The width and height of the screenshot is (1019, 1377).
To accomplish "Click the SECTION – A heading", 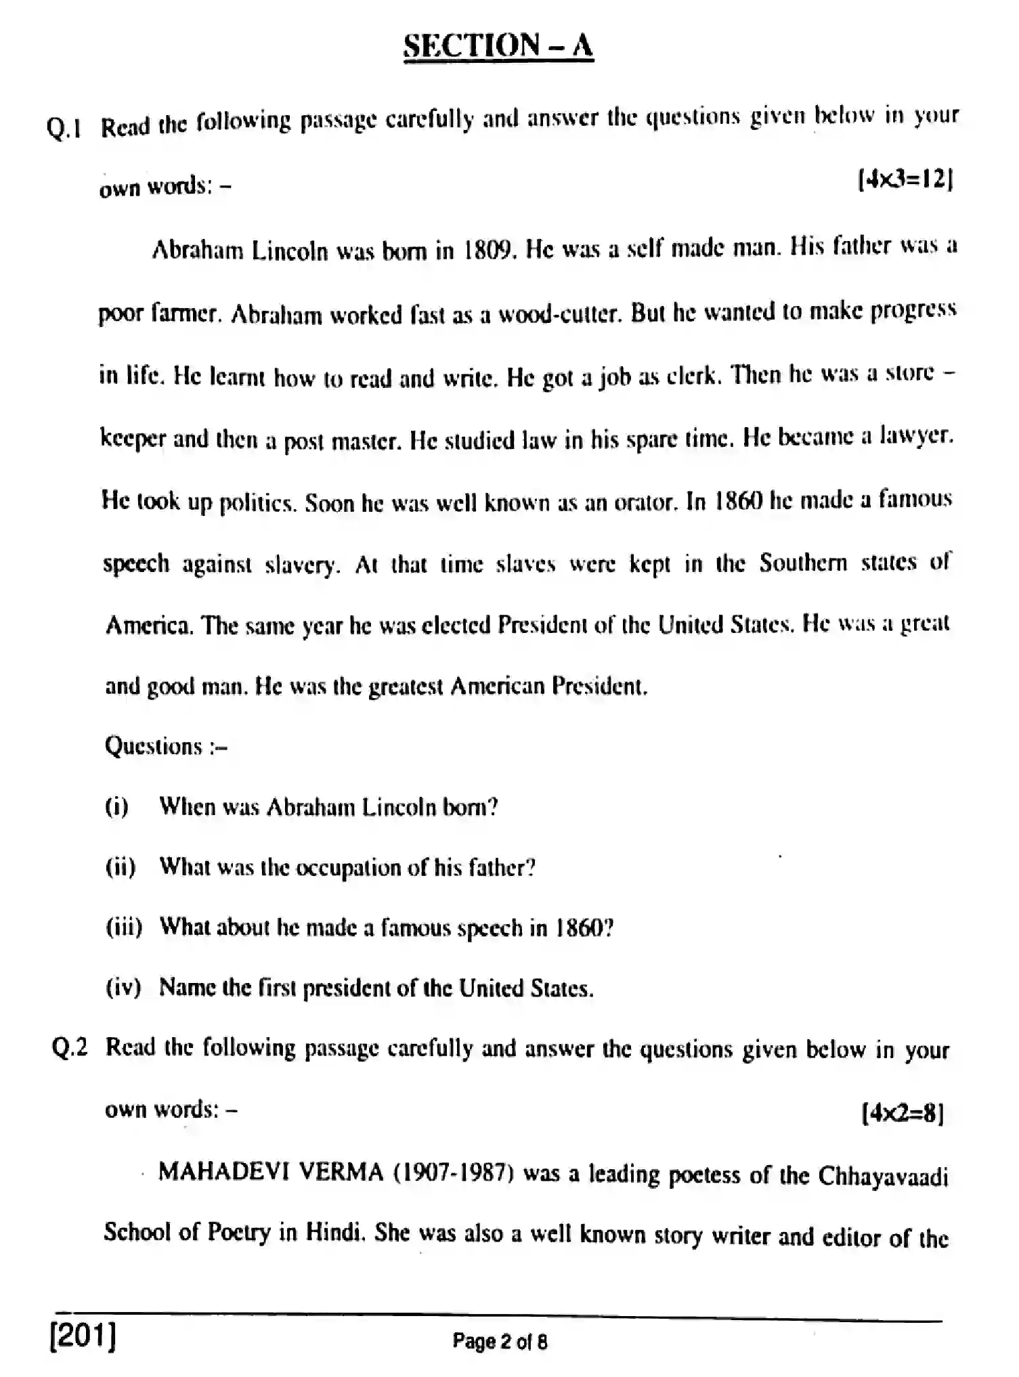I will tap(498, 46).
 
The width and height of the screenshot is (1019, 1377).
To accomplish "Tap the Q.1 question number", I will tap(64, 127).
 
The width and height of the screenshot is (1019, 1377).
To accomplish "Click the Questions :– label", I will tap(165, 747).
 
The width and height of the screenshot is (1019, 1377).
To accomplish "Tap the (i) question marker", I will tap(116, 808).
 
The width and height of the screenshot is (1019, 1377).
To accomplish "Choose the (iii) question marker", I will tap(124, 927).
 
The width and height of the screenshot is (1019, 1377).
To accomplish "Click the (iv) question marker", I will tap(123, 988).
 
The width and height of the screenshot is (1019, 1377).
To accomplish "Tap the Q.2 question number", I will tap(70, 1048).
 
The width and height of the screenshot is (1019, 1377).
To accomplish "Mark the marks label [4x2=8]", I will tap(902, 1113).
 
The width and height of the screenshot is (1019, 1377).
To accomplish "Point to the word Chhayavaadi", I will tap(883, 1176).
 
